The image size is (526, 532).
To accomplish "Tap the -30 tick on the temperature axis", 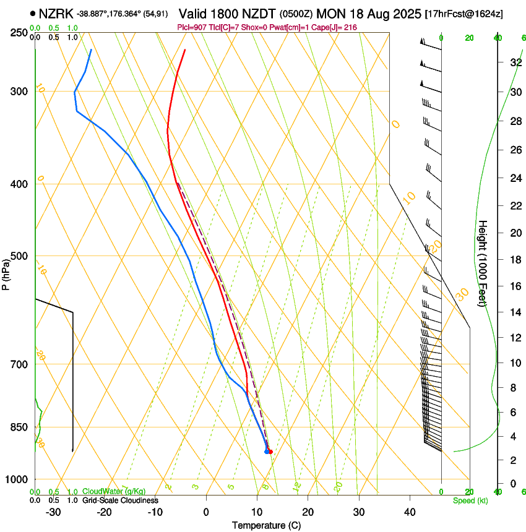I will coord(53,512).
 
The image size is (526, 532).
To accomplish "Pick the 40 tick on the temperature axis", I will coord(409,512).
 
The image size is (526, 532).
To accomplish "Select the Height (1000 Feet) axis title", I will coord(483,263).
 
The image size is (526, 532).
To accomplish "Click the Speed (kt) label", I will coord(470,500).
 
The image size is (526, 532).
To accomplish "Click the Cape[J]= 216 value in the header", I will coord(336,28).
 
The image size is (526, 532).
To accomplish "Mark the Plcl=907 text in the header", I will coord(192,28).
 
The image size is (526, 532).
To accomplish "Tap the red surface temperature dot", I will coord(270,452).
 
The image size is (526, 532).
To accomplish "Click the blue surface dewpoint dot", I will coord(267,452).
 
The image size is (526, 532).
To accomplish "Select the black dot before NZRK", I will coord(32,13).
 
